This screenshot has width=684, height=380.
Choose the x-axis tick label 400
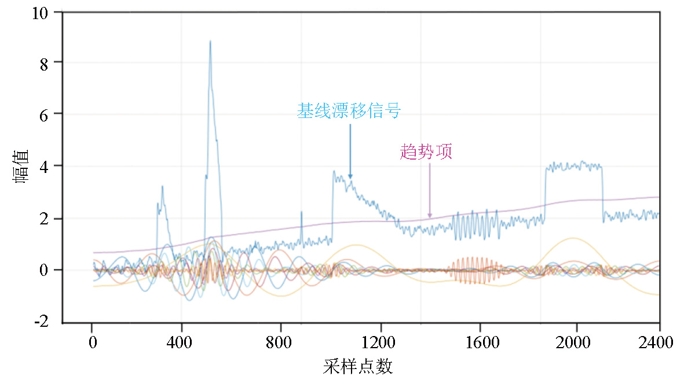(x=181, y=343)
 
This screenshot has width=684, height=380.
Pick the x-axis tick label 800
(x=281, y=343)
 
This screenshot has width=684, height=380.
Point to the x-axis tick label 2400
(x=659, y=343)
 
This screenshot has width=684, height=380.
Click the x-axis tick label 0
(x=92, y=343)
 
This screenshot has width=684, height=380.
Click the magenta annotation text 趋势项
(x=426, y=152)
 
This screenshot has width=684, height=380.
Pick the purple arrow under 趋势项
(x=430, y=191)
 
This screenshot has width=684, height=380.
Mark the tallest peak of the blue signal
(x=210, y=42)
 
